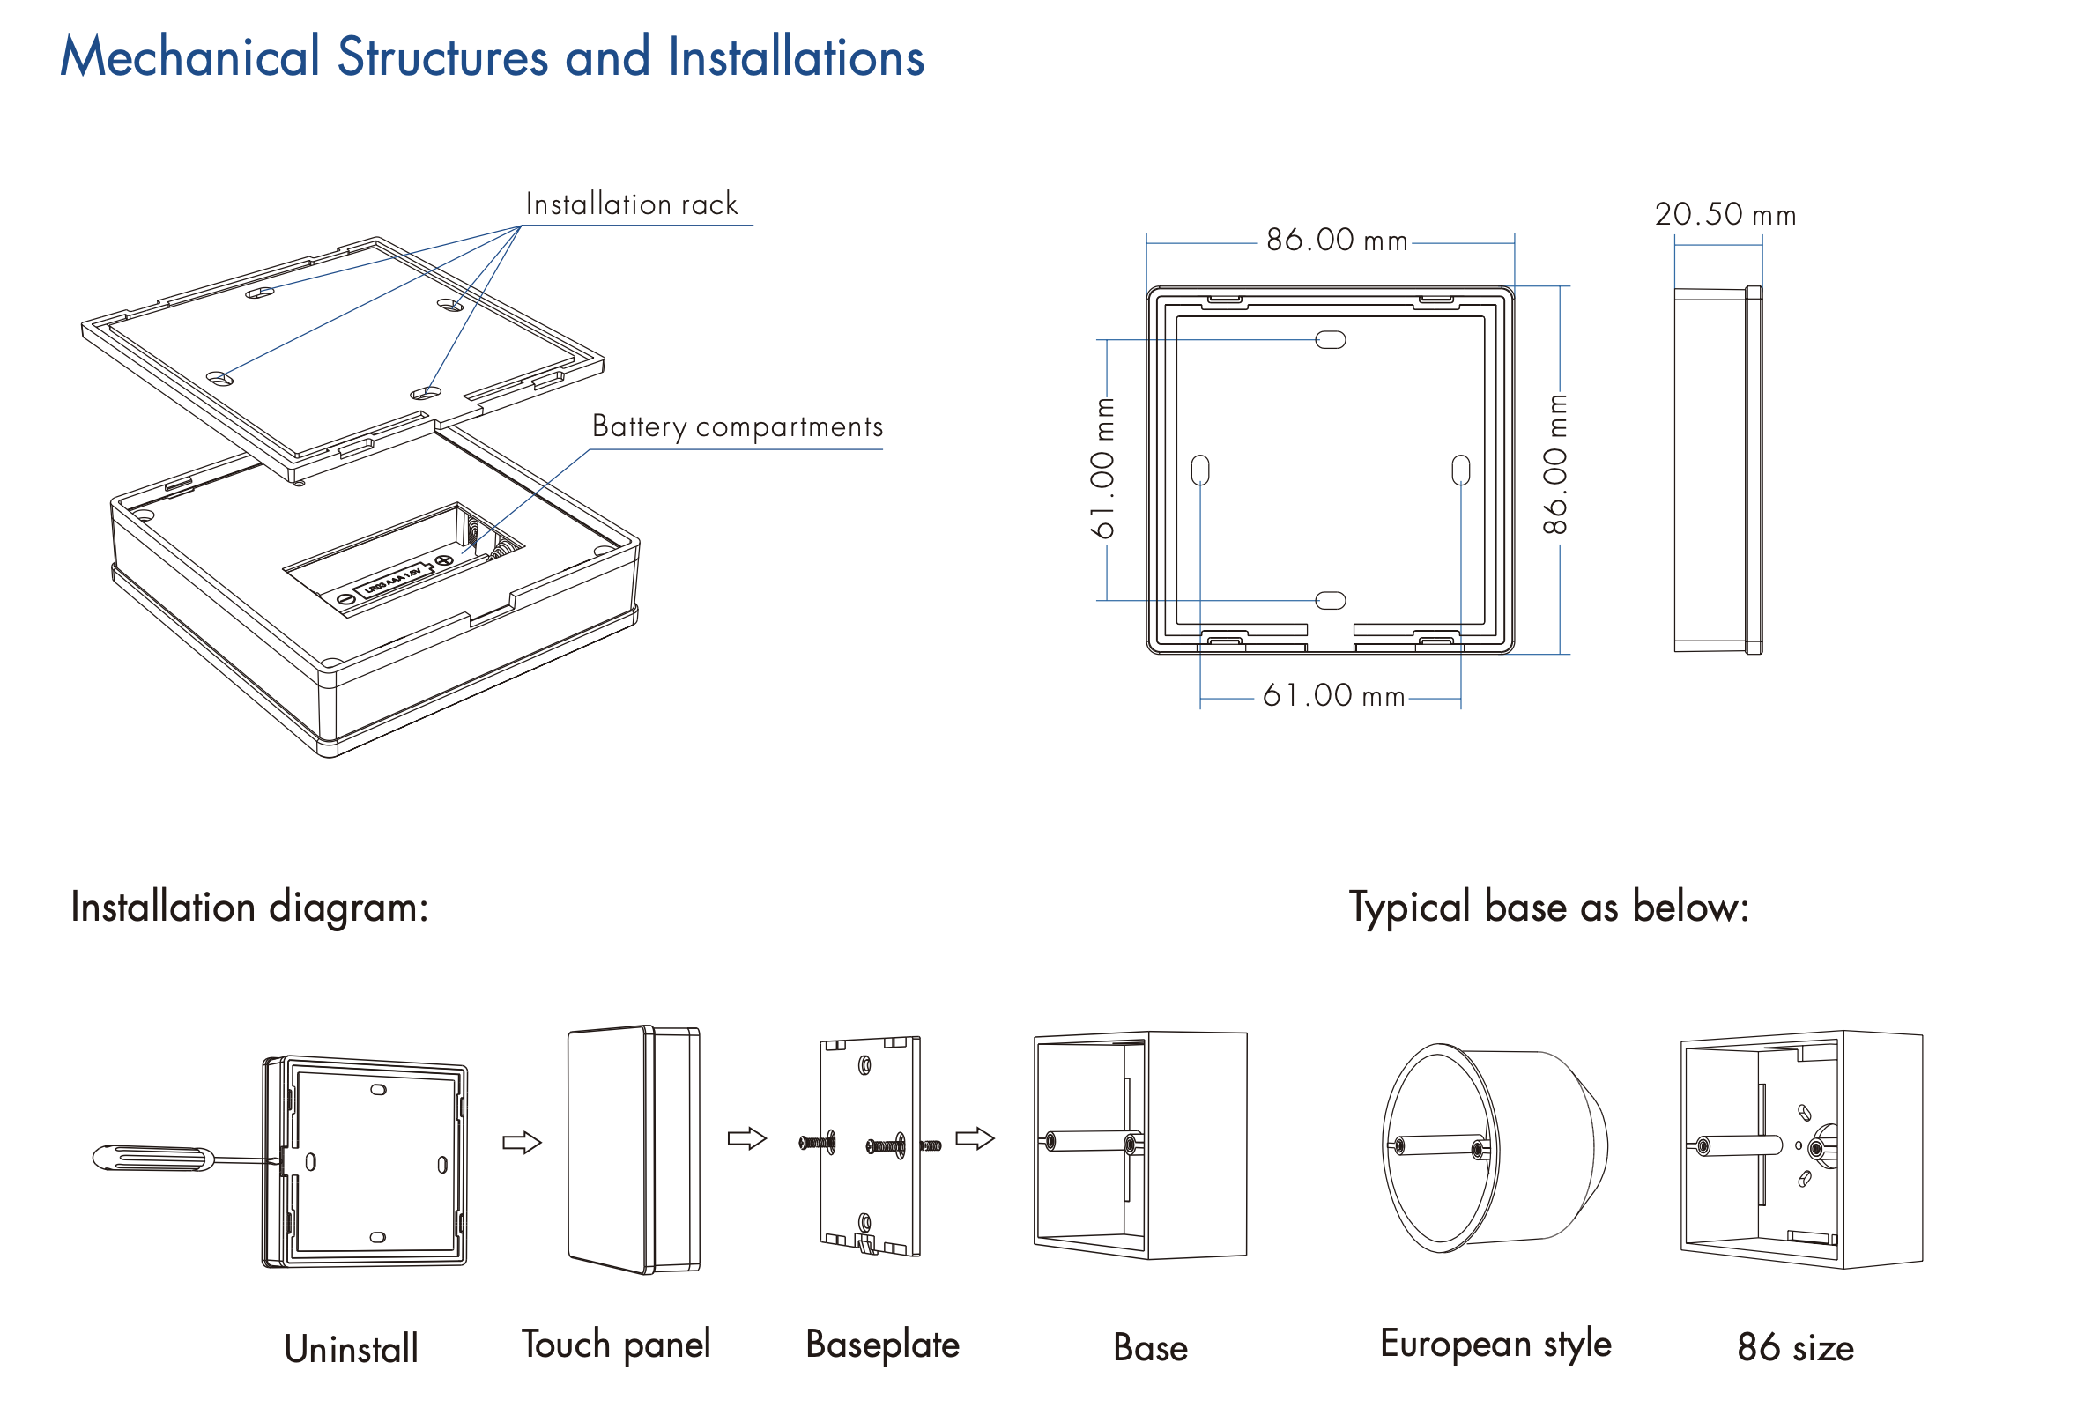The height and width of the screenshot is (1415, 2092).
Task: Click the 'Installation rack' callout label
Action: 631,204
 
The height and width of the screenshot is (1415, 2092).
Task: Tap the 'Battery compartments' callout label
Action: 738,426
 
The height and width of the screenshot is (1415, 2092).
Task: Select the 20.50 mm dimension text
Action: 1725,214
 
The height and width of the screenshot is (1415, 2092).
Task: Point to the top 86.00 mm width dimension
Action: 1337,241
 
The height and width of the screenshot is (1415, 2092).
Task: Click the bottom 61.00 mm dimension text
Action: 1333,696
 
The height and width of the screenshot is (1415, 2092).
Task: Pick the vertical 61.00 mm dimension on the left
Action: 1103,468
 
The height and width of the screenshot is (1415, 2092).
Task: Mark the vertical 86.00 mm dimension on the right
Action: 1555,464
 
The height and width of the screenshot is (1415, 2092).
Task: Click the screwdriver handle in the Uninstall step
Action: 153,1158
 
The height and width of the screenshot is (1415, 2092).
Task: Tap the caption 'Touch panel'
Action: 616,1345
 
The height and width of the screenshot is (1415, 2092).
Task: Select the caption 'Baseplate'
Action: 882,1345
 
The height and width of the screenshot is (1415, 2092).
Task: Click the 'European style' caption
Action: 1495,1344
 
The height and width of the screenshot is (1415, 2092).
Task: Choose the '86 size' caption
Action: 1795,1347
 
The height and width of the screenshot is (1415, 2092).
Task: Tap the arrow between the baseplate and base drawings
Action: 975,1138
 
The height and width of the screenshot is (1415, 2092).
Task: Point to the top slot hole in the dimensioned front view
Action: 1331,340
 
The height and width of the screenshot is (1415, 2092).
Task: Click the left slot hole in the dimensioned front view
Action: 1200,470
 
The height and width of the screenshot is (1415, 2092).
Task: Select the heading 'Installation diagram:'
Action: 249,907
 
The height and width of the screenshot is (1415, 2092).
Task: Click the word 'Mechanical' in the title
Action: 190,56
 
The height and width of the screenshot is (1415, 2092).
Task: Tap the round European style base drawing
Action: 1495,1148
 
